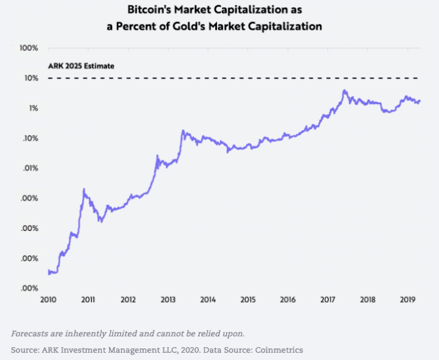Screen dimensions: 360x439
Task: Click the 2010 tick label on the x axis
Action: click(x=48, y=300)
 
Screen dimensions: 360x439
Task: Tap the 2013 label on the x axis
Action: click(x=168, y=300)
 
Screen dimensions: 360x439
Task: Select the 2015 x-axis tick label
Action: click(x=248, y=300)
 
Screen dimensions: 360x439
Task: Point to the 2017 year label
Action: click(x=327, y=300)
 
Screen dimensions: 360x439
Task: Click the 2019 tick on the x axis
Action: click(x=407, y=300)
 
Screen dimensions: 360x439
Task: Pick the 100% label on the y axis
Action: click(x=29, y=48)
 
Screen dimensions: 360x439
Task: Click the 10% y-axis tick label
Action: click(x=30, y=79)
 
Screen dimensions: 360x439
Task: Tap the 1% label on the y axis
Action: click(x=32, y=108)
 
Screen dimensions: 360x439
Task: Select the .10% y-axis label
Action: click(x=30, y=138)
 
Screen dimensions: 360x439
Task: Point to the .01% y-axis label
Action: click(x=30, y=168)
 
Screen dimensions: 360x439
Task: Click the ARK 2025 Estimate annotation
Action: click(x=81, y=66)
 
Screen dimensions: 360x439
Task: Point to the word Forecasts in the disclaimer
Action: click(x=32, y=333)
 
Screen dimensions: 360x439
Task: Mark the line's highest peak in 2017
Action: click(x=344, y=91)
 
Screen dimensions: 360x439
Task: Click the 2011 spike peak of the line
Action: click(x=84, y=189)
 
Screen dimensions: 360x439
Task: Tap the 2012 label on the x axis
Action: click(x=128, y=300)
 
